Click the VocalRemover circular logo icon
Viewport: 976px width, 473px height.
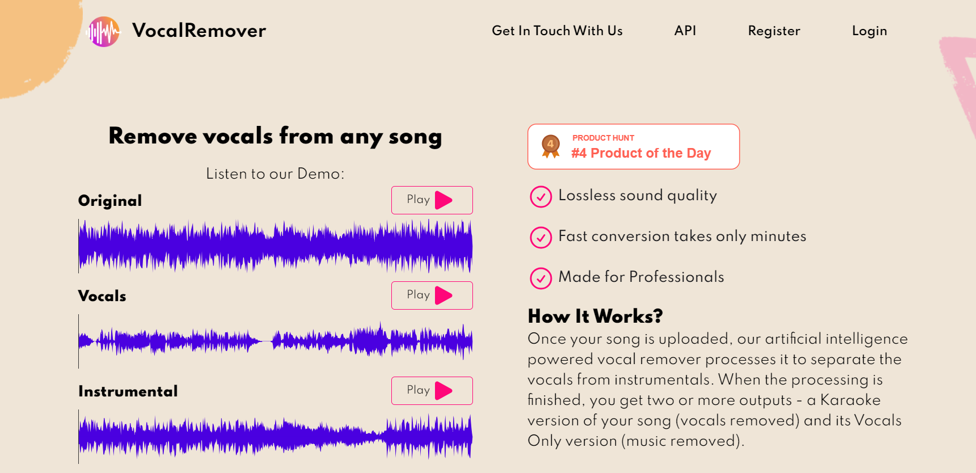pos(104,31)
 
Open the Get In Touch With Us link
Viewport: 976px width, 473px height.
pos(557,31)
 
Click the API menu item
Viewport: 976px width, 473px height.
pos(685,31)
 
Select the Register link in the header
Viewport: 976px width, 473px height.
pos(774,31)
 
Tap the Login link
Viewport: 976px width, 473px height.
pos(869,31)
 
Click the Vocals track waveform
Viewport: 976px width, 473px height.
pos(275,341)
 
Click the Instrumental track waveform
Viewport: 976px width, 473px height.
pos(275,436)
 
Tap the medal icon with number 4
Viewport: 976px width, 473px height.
pos(550,146)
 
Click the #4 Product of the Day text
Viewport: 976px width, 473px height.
pos(641,153)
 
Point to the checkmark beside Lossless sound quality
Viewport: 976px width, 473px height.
pos(540,197)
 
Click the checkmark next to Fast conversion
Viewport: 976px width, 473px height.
pos(540,238)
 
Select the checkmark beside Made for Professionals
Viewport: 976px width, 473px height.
pos(540,278)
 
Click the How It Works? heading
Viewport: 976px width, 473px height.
pos(595,316)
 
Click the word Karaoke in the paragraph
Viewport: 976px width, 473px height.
pos(850,400)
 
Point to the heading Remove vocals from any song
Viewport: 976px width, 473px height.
pos(275,136)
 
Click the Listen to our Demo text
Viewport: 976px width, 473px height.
pos(275,174)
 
